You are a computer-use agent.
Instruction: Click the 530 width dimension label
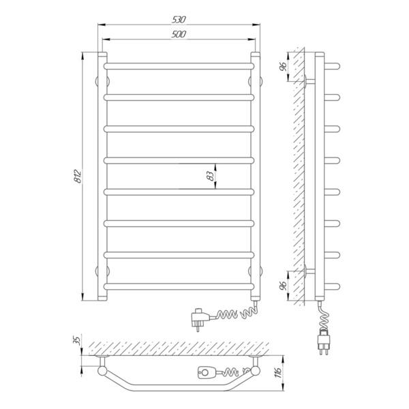179,20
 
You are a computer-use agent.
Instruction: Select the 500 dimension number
179,34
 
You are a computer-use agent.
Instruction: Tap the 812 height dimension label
78,177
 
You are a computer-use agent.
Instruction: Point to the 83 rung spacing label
210,177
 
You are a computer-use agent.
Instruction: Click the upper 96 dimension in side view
283,67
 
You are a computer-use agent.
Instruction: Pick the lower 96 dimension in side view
283,286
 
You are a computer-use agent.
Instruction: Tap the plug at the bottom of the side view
323,342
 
